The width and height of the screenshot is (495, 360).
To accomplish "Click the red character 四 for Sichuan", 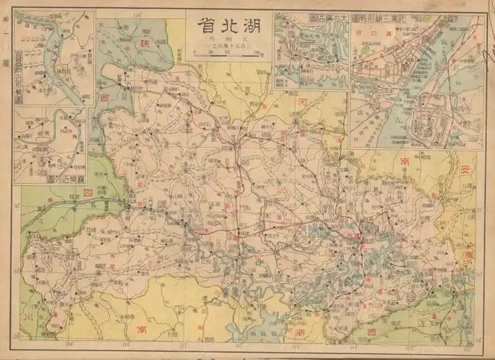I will (x=88, y=194).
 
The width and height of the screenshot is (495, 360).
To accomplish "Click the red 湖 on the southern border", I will (x=298, y=333).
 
